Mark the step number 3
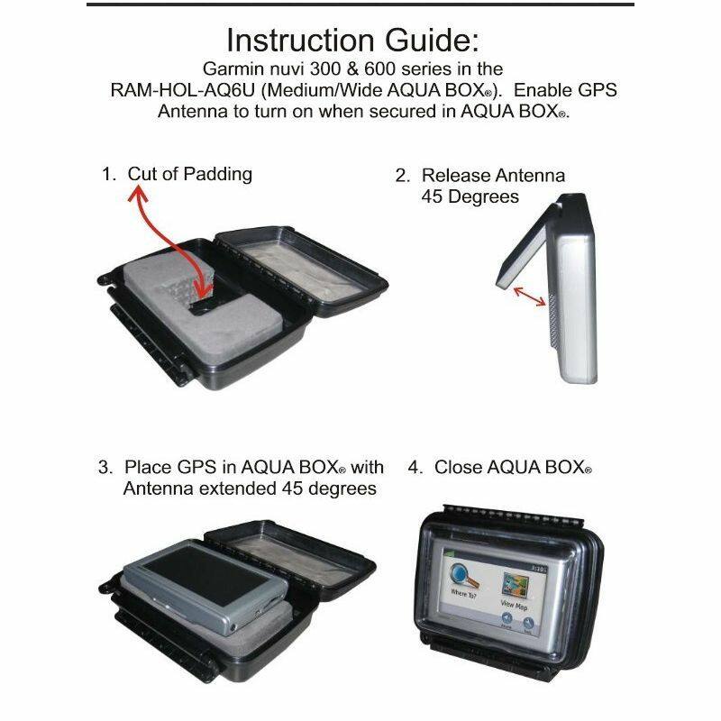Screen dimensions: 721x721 (105, 468)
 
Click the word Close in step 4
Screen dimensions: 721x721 (459, 468)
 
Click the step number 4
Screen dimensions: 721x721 (415, 468)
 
